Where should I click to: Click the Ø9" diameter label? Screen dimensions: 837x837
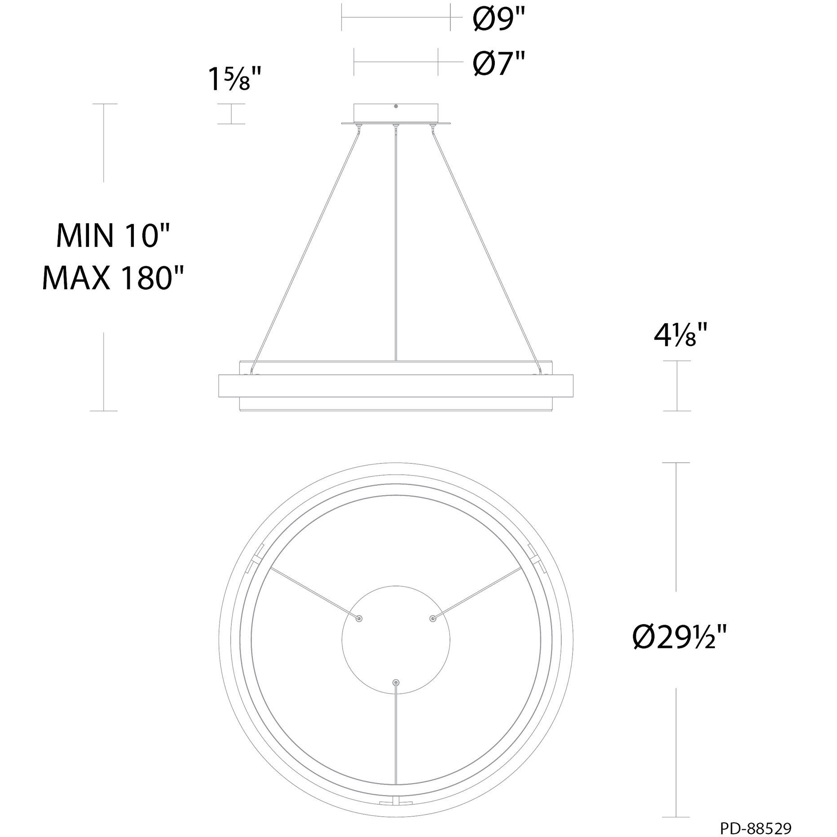click(x=499, y=20)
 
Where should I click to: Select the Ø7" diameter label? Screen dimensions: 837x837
click(x=499, y=64)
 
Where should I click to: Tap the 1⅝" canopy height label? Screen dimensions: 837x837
click(x=234, y=79)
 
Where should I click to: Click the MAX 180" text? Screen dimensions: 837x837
click(x=113, y=278)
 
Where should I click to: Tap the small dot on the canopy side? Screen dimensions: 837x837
click(x=396, y=106)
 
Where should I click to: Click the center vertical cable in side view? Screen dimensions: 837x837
click(x=396, y=242)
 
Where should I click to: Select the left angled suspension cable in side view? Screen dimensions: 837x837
click(x=305, y=247)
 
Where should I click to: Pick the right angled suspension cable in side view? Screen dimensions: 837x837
click(x=485, y=247)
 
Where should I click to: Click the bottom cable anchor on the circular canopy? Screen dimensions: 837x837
click(x=396, y=682)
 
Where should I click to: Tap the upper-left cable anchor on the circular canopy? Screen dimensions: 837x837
click(x=359, y=618)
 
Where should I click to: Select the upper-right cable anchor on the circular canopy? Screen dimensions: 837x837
click(x=432, y=618)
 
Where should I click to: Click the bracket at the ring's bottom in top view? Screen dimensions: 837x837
click(x=395, y=802)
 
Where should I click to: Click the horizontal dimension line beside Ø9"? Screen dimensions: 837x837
click(x=396, y=18)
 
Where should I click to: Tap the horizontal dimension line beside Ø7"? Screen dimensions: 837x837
click(x=396, y=62)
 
